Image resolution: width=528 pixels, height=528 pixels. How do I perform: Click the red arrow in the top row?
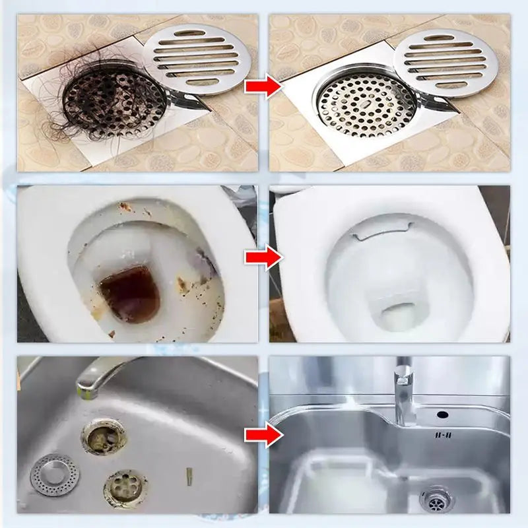click(263, 86)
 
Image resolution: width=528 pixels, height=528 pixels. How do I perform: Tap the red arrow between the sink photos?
click(263, 434)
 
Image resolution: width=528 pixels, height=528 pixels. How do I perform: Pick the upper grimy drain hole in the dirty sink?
click(103, 436)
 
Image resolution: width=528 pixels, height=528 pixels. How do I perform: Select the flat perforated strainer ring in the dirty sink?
click(52, 474)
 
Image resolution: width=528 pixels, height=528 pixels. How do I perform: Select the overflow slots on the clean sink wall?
click(443, 435)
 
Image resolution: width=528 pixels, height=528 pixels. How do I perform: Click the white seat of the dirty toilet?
click(46, 277)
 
